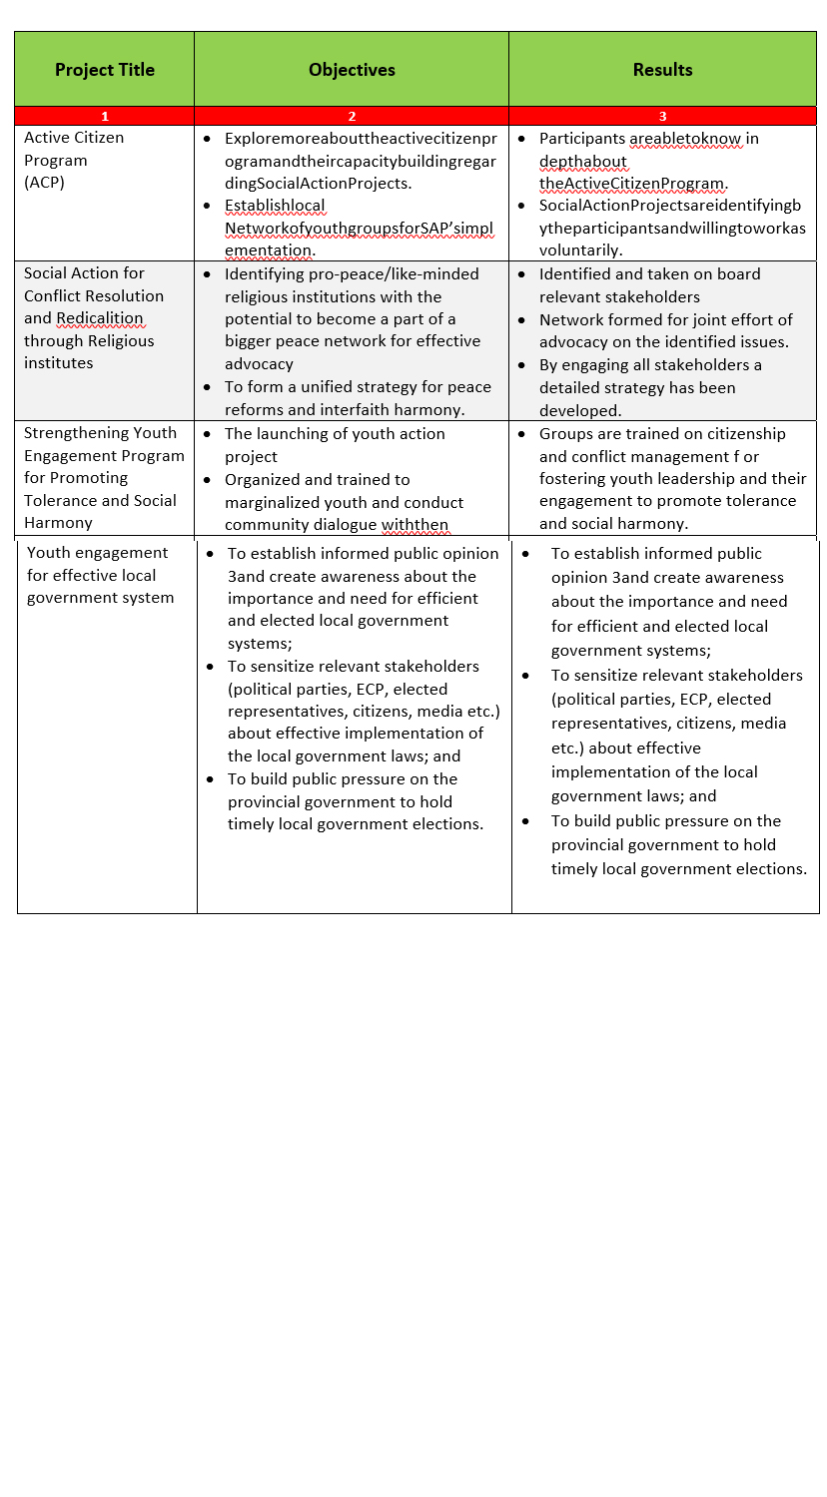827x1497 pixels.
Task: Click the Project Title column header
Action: pos(105,70)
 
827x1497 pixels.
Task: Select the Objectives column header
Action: pos(352,70)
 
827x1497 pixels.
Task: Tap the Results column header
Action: pos(662,70)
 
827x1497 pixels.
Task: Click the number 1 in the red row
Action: pos(105,117)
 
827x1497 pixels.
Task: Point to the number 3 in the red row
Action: pos(662,117)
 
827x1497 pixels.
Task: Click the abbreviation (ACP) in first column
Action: pos(44,183)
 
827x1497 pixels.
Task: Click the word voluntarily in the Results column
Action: pos(580,250)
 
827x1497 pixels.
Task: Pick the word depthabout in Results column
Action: pos(583,162)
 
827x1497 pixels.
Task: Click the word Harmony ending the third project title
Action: pos(58,523)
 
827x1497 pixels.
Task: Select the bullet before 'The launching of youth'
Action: pos(207,434)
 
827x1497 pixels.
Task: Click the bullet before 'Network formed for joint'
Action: pos(522,320)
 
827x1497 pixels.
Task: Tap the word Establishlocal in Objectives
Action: pos(275,206)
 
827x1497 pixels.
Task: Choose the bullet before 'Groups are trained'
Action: pos(522,434)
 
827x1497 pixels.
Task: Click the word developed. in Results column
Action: pos(579,410)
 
